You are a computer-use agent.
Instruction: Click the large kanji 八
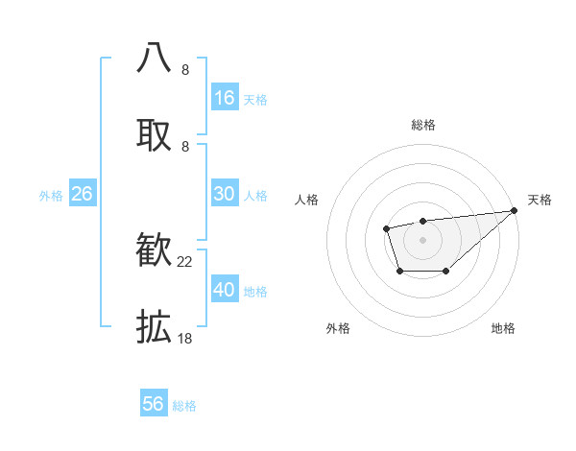(154, 58)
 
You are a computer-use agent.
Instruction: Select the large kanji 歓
(154, 251)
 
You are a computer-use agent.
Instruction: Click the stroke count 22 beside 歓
(185, 261)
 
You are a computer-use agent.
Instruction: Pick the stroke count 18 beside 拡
(185, 338)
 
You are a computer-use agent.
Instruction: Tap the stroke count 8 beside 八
(185, 69)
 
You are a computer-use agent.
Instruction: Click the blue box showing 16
(225, 98)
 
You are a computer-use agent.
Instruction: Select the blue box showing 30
(225, 194)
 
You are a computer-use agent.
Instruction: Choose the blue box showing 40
(225, 290)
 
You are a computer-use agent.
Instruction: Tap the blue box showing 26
(82, 194)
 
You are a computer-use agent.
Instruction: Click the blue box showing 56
(154, 404)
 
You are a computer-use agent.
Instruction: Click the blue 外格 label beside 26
(51, 196)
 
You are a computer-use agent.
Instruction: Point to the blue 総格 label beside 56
(184, 406)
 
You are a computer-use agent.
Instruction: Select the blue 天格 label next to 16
(254, 100)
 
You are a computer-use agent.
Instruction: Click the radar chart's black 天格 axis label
(540, 200)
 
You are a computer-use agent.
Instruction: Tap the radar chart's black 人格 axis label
(307, 200)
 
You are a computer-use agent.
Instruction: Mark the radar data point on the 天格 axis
(514, 210)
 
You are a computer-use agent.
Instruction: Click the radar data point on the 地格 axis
(446, 273)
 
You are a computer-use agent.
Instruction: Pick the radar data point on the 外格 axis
(399, 273)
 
